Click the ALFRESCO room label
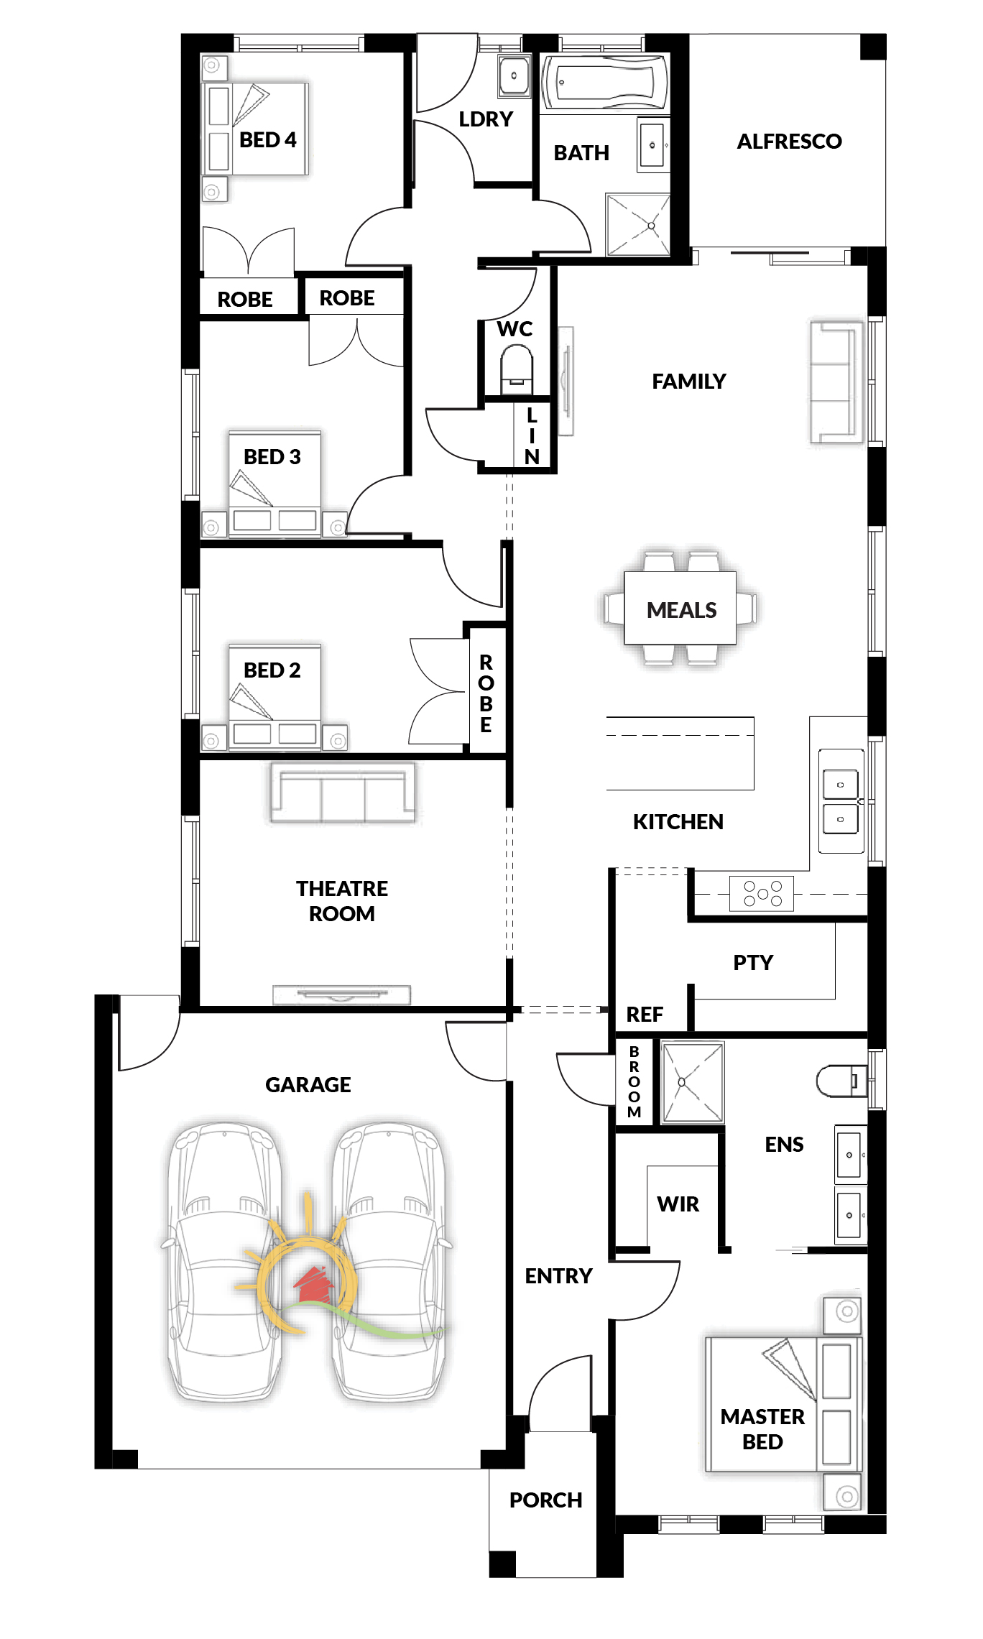[789, 142]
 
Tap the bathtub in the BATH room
[605, 83]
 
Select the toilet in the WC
[516, 368]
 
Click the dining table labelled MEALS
[680, 608]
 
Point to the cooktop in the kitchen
[762, 893]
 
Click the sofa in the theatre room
[343, 793]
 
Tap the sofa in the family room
[836, 382]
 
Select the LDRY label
[486, 119]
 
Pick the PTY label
[753, 963]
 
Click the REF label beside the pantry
[645, 1015]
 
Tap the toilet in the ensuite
[841, 1080]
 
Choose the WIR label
[678, 1204]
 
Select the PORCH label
[546, 1500]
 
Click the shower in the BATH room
[638, 224]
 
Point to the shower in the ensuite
[692, 1082]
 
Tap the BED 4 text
[268, 140]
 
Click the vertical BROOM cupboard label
[634, 1082]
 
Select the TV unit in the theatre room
[341, 994]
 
